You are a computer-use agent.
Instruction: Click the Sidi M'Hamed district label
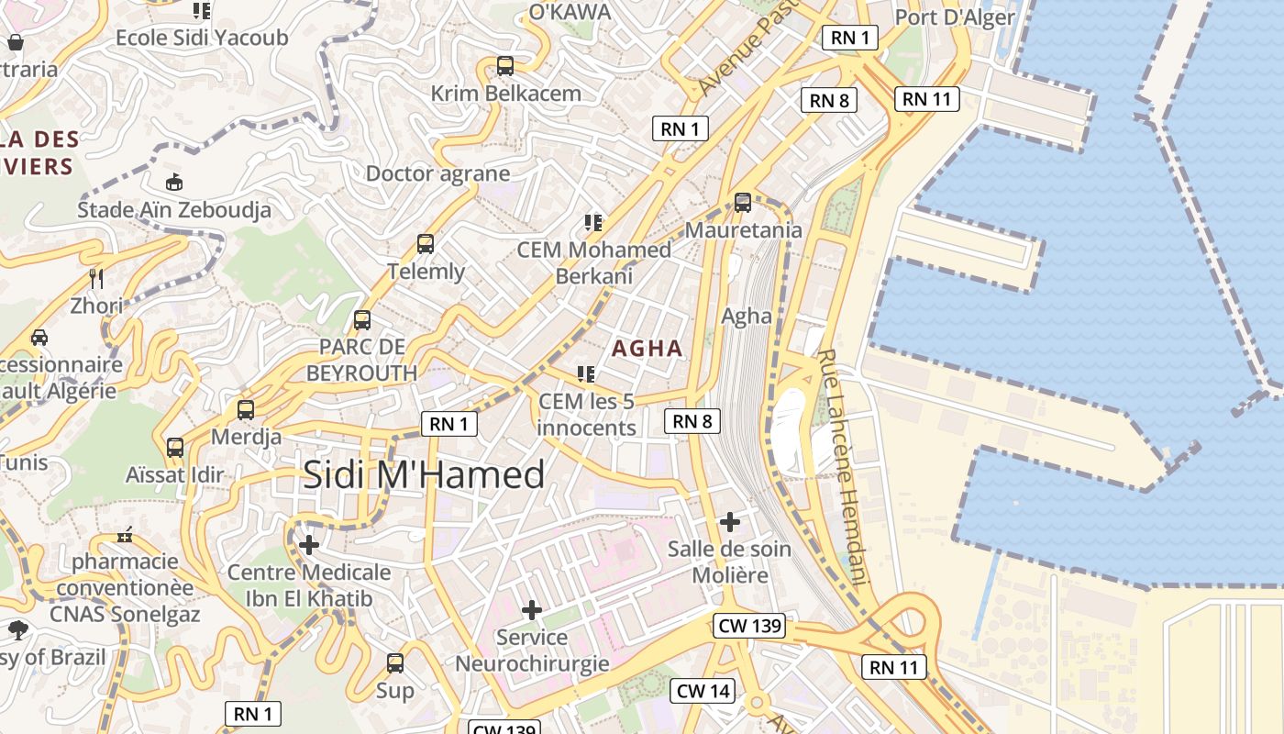pyautogui.click(x=424, y=474)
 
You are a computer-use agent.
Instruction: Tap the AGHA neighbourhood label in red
pyautogui.click(x=648, y=349)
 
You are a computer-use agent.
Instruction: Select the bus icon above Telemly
pyautogui.click(x=426, y=244)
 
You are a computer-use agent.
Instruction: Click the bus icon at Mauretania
pyautogui.click(x=743, y=203)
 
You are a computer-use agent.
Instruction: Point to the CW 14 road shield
pyautogui.click(x=703, y=691)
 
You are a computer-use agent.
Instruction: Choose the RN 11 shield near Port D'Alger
pyautogui.click(x=927, y=99)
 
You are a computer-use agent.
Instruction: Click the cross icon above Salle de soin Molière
pyautogui.click(x=730, y=523)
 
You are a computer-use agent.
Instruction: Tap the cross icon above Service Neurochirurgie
pyautogui.click(x=532, y=610)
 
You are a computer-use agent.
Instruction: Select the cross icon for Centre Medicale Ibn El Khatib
pyautogui.click(x=309, y=546)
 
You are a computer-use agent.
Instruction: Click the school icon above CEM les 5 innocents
pyautogui.click(x=586, y=374)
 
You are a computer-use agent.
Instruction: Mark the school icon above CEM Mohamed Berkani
pyautogui.click(x=593, y=222)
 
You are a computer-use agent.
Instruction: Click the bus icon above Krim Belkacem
pyautogui.click(x=505, y=66)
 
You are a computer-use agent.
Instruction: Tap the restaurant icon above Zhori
pyautogui.click(x=96, y=278)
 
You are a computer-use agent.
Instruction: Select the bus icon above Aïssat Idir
pyautogui.click(x=175, y=448)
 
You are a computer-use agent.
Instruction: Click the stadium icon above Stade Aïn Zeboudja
pyautogui.click(x=173, y=182)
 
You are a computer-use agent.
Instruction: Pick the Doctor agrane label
pyautogui.click(x=437, y=173)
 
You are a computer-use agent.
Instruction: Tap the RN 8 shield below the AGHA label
pyautogui.click(x=692, y=421)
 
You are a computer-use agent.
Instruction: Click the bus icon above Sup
pyautogui.click(x=395, y=662)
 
